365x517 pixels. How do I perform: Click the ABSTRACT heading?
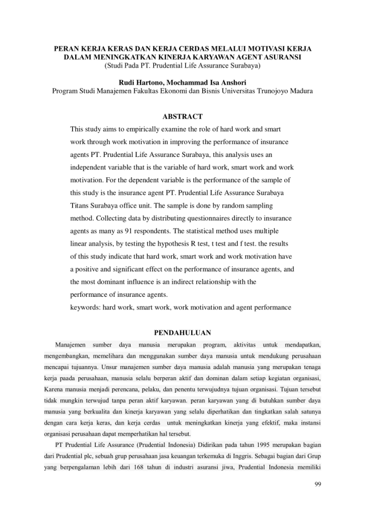[x=182, y=117]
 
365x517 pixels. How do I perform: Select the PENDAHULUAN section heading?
[x=182, y=332]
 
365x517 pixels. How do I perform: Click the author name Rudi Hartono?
[x=143, y=82]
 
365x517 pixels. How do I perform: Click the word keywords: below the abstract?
[x=85, y=306]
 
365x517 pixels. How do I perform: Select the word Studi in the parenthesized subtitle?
[x=115, y=66]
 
